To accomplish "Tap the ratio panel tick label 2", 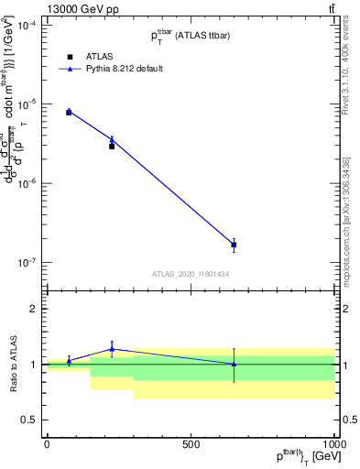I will click(34, 309).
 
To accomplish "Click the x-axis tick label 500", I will click(191, 444).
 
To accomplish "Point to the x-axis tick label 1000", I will click(334, 444).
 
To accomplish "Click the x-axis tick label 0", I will click(47, 444).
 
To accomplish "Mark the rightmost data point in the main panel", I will click(234, 245).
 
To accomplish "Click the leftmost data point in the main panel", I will click(69, 112).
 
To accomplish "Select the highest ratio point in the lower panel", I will click(112, 349).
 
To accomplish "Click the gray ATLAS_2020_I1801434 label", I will click(191, 274).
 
